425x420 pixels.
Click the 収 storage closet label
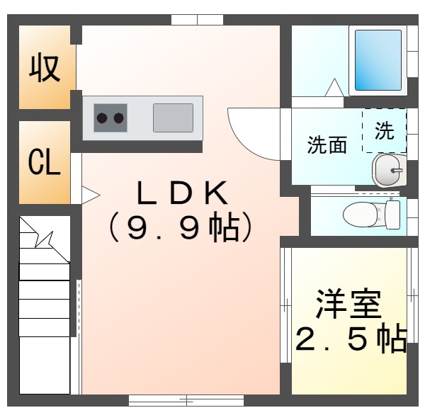click(x=44, y=68)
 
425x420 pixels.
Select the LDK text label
click(x=181, y=193)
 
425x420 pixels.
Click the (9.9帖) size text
click(x=181, y=227)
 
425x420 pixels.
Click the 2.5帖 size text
click(x=350, y=340)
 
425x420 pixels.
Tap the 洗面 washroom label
click(x=327, y=145)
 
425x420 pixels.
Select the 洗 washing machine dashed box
click(x=384, y=130)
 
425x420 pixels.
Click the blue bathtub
click(x=378, y=59)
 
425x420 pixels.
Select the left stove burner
click(x=101, y=118)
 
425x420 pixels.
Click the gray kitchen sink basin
click(x=173, y=118)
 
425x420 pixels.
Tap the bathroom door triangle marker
click(x=334, y=88)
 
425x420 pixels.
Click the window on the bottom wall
click(x=186, y=400)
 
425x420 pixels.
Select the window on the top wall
click(x=197, y=20)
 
